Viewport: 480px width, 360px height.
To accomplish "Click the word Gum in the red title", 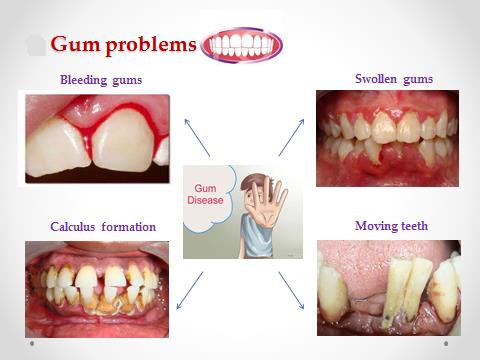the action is click(x=75, y=44).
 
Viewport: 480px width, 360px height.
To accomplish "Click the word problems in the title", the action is click(x=151, y=45).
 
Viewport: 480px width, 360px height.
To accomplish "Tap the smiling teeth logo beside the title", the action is click(x=242, y=45).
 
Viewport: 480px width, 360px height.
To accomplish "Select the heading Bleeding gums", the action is click(x=101, y=80).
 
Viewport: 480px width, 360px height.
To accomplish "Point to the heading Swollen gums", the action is click(x=394, y=79).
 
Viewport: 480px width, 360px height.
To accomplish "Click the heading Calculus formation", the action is click(x=103, y=227).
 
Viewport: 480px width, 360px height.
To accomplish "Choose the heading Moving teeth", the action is click(x=391, y=226).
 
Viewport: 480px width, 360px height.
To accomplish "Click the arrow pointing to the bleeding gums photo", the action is click(x=197, y=138).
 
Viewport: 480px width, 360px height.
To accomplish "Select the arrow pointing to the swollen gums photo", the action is click(x=291, y=137).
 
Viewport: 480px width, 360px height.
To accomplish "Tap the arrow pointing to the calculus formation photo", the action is click(x=189, y=290).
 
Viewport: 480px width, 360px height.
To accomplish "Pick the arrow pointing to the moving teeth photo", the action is click(x=291, y=290).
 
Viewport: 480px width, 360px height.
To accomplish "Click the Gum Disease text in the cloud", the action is click(x=205, y=194).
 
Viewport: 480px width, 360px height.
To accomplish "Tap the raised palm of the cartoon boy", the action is click(x=269, y=207).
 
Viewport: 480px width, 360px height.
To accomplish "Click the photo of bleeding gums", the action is click(x=97, y=139).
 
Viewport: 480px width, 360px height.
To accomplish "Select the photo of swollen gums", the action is click(x=387, y=138).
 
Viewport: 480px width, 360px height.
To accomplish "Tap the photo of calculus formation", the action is click(x=97, y=289).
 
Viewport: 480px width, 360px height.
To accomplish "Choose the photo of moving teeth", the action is click(x=389, y=288).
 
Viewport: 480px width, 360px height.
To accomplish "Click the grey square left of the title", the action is click(x=36, y=45).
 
